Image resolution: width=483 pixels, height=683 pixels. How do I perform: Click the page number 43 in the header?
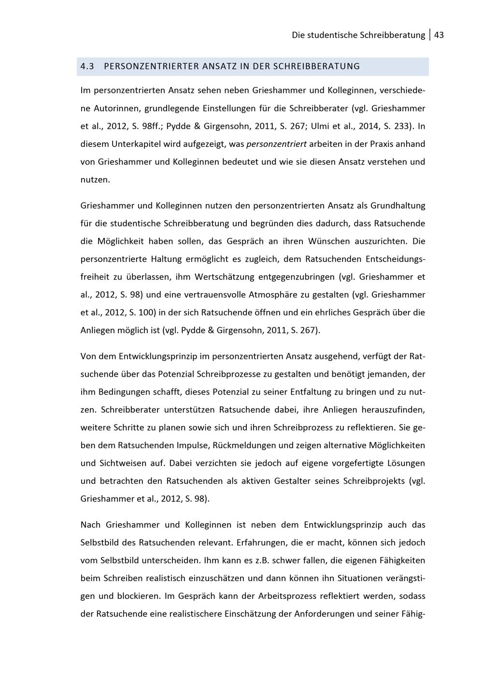pos(439,35)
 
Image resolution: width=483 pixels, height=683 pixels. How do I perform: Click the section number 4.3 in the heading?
pos(87,66)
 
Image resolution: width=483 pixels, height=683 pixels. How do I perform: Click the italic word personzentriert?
pos(276,144)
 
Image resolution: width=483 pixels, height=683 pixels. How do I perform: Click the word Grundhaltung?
pos(398,205)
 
